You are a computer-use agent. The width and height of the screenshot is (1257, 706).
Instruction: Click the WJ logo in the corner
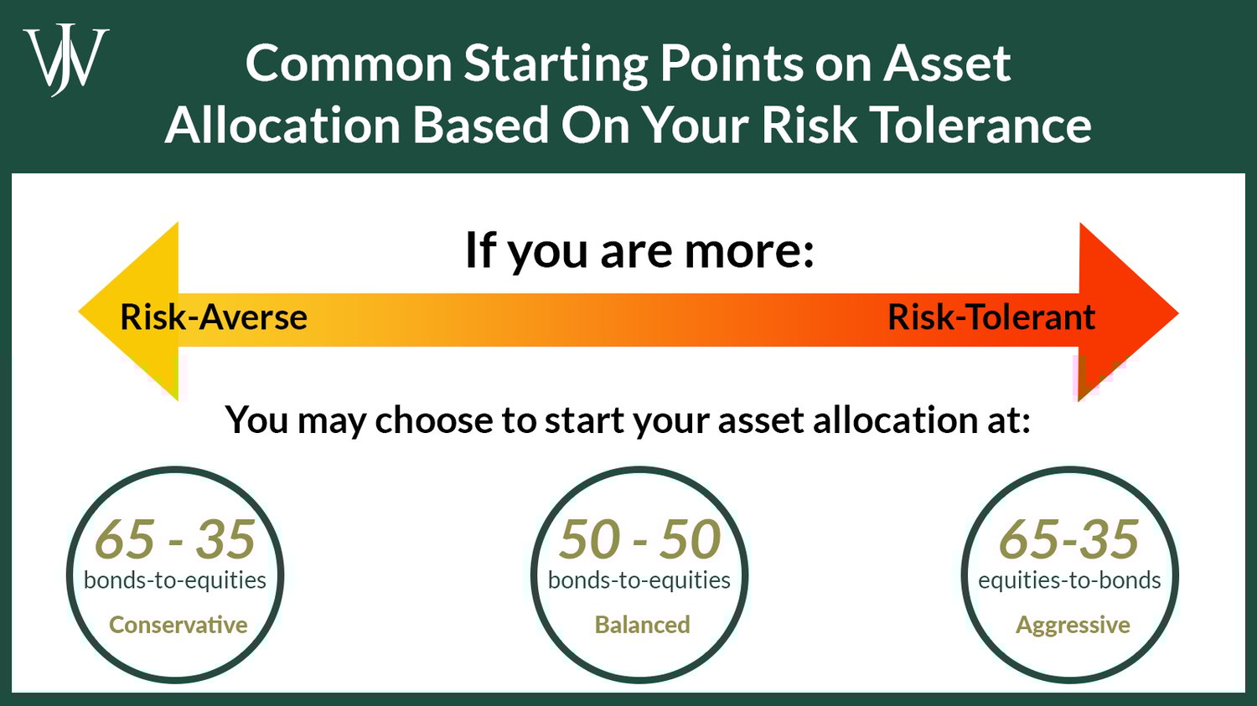pyautogui.click(x=65, y=60)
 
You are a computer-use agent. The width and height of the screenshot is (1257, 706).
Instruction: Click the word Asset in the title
pyautogui.click(x=948, y=64)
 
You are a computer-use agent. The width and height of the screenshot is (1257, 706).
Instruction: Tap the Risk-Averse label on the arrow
pyautogui.click(x=213, y=317)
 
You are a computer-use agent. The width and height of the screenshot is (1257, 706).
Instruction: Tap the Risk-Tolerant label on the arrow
pyautogui.click(x=991, y=317)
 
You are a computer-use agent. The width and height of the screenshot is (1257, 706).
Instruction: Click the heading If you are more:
pyautogui.click(x=639, y=250)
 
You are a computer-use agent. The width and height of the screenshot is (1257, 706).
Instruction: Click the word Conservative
pyautogui.click(x=178, y=625)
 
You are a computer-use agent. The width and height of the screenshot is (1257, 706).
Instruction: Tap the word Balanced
pyautogui.click(x=642, y=625)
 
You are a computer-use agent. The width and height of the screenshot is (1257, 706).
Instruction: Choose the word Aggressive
pyautogui.click(x=1073, y=625)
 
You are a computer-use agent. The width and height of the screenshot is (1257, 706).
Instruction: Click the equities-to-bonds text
pyautogui.click(x=1069, y=580)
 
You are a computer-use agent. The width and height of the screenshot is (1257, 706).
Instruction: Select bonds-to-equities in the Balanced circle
pyautogui.click(x=639, y=580)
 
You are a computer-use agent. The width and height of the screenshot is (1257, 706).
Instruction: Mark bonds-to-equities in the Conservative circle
pyautogui.click(x=174, y=580)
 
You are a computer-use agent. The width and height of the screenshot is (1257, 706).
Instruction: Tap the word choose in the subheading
pyautogui.click(x=434, y=420)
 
